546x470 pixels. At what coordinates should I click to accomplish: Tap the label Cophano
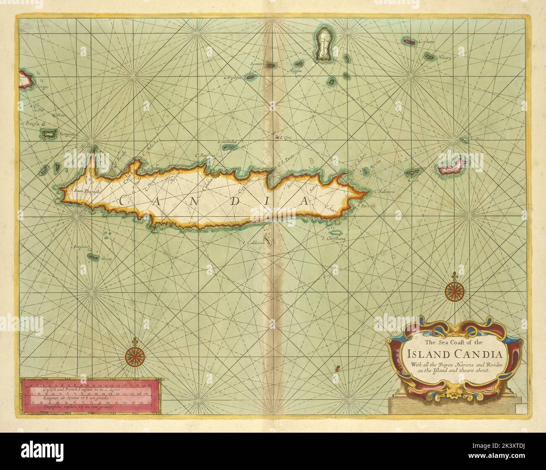426,42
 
